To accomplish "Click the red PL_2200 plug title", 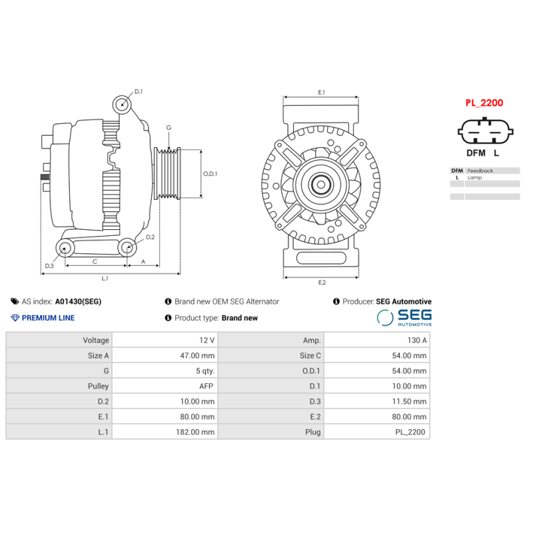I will click(x=484, y=103).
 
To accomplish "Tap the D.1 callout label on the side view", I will click(x=139, y=91).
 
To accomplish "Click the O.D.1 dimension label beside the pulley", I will click(x=210, y=174).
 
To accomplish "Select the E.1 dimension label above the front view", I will click(x=321, y=92).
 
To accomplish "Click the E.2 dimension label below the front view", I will click(x=321, y=282).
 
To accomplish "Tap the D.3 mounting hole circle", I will click(x=65, y=249).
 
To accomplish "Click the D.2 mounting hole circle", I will click(x=127, y=248).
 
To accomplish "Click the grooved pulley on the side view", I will click(x=167, y=173).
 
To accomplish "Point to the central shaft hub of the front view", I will click(x=321, y=185).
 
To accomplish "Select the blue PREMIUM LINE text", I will click(x=48, y=318).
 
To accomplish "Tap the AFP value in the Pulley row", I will click(x=206, y=386).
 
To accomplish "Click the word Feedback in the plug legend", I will click(x=480, y=171).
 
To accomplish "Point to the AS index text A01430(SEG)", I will click(x=78, y=302).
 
